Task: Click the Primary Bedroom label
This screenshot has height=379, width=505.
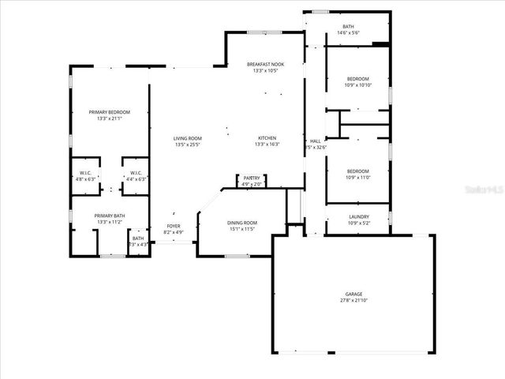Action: (109, 112)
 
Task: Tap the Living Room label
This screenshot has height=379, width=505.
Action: (188, 139)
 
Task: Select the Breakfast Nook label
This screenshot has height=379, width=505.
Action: (265, 65)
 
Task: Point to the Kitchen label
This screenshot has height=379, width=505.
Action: (265, 138)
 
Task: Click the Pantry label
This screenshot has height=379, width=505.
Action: (251, 178)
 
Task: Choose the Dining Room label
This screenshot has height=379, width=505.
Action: (243, 223)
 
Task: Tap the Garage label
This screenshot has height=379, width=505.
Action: (353, 294)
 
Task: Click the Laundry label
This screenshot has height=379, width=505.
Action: (358, 218)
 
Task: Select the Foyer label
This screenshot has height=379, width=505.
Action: (173, 227)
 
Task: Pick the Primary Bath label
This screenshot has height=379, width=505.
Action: (109, 216)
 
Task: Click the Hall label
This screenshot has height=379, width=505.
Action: (315, 141)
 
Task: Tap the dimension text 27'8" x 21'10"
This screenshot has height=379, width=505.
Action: (353, 300)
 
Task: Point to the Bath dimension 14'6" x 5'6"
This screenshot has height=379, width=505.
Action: (348, 33)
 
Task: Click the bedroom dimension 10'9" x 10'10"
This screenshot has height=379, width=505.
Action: (358, 85)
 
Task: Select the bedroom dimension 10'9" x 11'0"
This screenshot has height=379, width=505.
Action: (358, 178)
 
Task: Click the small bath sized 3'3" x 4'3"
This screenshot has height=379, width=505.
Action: (138, 245)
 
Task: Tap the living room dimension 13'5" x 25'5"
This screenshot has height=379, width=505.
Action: (188, 145)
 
